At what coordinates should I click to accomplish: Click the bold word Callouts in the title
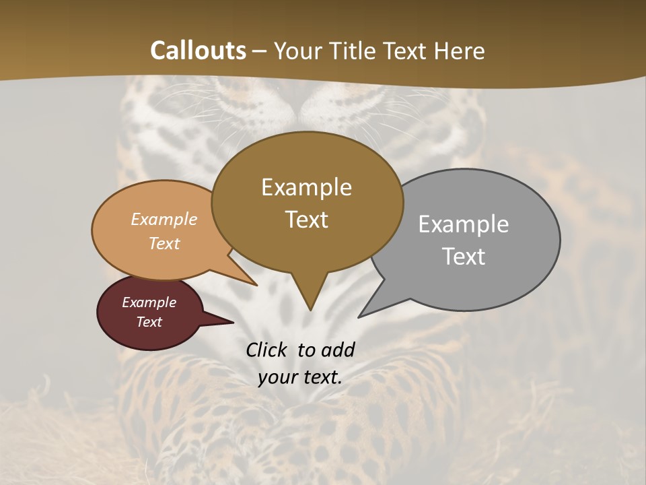click(198, 51)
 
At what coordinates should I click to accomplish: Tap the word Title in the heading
click(357, 51)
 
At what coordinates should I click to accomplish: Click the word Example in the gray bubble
click(464, 224)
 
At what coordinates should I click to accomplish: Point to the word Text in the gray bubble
click(464, 256)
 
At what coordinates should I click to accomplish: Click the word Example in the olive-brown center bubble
click(306, 187)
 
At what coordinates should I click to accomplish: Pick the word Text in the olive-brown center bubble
click(306, 219)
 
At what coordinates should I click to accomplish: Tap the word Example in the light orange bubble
click(164, 219)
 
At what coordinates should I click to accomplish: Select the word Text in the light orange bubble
click(164, 243)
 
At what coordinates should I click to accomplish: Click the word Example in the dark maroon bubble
click(149, 302)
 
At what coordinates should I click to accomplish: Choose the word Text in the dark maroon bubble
click(149, 322)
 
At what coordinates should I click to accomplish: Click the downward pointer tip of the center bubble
click(310, 309)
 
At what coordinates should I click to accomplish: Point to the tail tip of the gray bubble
click(359, 316)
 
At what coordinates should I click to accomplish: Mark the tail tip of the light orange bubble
click(256, 285)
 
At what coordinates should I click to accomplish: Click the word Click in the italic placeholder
click(267, 350)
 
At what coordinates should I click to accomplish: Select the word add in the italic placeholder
click(338, 350)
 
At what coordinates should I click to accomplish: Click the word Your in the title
click(299, 51)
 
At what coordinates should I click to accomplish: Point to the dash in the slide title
click(260, 51)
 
